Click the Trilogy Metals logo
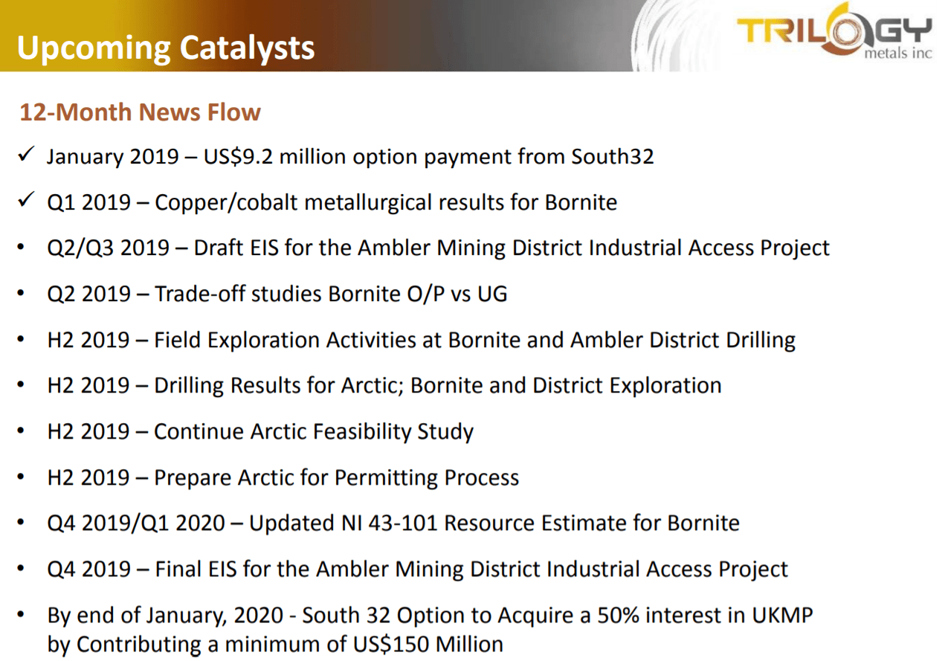(834, 33)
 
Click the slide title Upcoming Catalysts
(166, 48)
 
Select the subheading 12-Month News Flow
(140, 112)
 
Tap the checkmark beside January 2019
(26, 154)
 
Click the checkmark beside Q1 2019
(26, 199)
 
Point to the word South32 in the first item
(613, 156)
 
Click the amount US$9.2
(238, 157)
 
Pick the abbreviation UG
(492, 294)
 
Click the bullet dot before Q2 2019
(21, 293)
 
